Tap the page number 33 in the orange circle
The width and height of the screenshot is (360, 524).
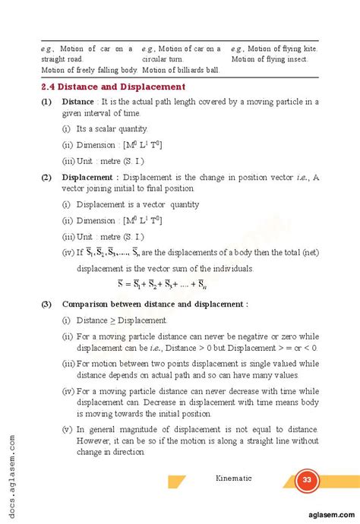pyautogui.click(x=307, y=480)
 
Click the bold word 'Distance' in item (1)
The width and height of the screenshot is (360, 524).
pyautogui.click(x=77, y=101)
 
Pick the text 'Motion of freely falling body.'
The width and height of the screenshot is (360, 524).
pyautogui.click(x=88, y=69)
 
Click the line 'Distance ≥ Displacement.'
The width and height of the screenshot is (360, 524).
pyautogui.click(x=122, y=320)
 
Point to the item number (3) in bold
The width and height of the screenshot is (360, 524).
pyautogui.click(x=46, y=304)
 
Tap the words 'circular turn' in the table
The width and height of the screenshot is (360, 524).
pyautogui.click(x=163, y=58)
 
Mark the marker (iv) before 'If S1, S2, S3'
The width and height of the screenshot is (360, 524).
pyautogui.click(x=68, y=252)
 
